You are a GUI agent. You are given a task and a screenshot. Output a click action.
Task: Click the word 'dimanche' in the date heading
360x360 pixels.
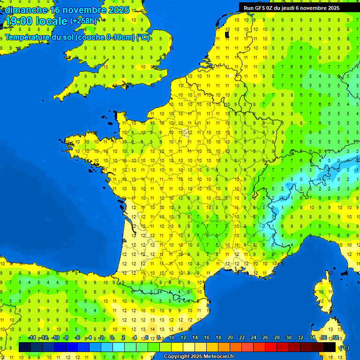pyautogui.click(x=26, y=9)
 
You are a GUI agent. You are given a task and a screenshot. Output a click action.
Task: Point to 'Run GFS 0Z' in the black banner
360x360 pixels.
pyautogui.click(x=260, y=8)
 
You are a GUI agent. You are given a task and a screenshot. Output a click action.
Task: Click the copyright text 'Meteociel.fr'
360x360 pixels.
pyautogui.click(x=218, y=357)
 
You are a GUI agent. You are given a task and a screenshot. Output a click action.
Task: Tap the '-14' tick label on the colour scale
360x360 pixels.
pyautogui.click(x=32, y=338)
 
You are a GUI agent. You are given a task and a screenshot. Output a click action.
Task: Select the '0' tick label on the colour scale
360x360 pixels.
pyautogui.click(x=112, y=338)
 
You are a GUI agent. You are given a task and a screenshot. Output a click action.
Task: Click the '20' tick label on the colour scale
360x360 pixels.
pyautogui.click(x=230, y=338)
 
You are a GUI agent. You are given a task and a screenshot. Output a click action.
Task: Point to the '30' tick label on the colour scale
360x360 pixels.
pyautogui.click(x=288, y=338)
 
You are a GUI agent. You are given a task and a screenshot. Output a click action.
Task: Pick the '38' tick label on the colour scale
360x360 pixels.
pyautogui.click(x=335, y=338)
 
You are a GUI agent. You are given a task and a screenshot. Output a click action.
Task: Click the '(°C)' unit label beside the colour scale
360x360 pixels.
pyautogui.click(x=344, y=348)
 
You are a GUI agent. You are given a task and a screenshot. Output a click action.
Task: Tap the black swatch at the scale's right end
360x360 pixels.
pyautogui.click(x=330, y=347)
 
